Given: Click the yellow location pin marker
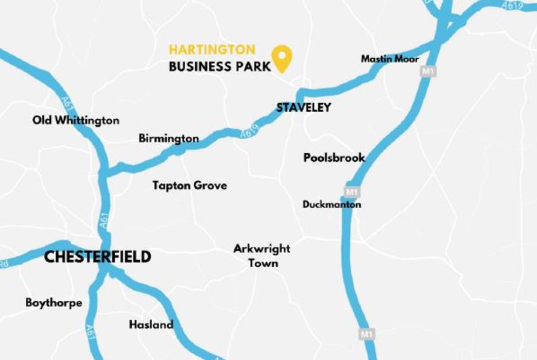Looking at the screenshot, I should (281, 57).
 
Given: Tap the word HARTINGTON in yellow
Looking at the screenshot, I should (212, 50).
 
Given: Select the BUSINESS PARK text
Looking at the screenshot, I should (220, 67).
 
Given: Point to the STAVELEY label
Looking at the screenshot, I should (303, 108).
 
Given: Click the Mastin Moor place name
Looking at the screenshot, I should (390, 59).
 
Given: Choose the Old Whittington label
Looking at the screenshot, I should (76, 120).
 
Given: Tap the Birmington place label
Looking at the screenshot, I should (168, 139).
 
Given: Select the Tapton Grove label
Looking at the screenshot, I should (189, 186).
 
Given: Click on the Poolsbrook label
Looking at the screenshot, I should (334, 158).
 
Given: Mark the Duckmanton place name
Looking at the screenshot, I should (331, 205).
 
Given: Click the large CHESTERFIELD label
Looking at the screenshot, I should (97, 257).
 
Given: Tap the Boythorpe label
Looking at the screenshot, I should (53, 303).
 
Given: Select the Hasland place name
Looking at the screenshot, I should (151, 325).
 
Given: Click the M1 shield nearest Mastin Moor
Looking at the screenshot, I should (428, 71).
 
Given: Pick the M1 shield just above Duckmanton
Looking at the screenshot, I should (352, 192).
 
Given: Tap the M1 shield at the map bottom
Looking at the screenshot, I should (366, 334).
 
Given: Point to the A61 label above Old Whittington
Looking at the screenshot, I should (66, 103).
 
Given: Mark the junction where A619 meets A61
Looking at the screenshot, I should (105, 173).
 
